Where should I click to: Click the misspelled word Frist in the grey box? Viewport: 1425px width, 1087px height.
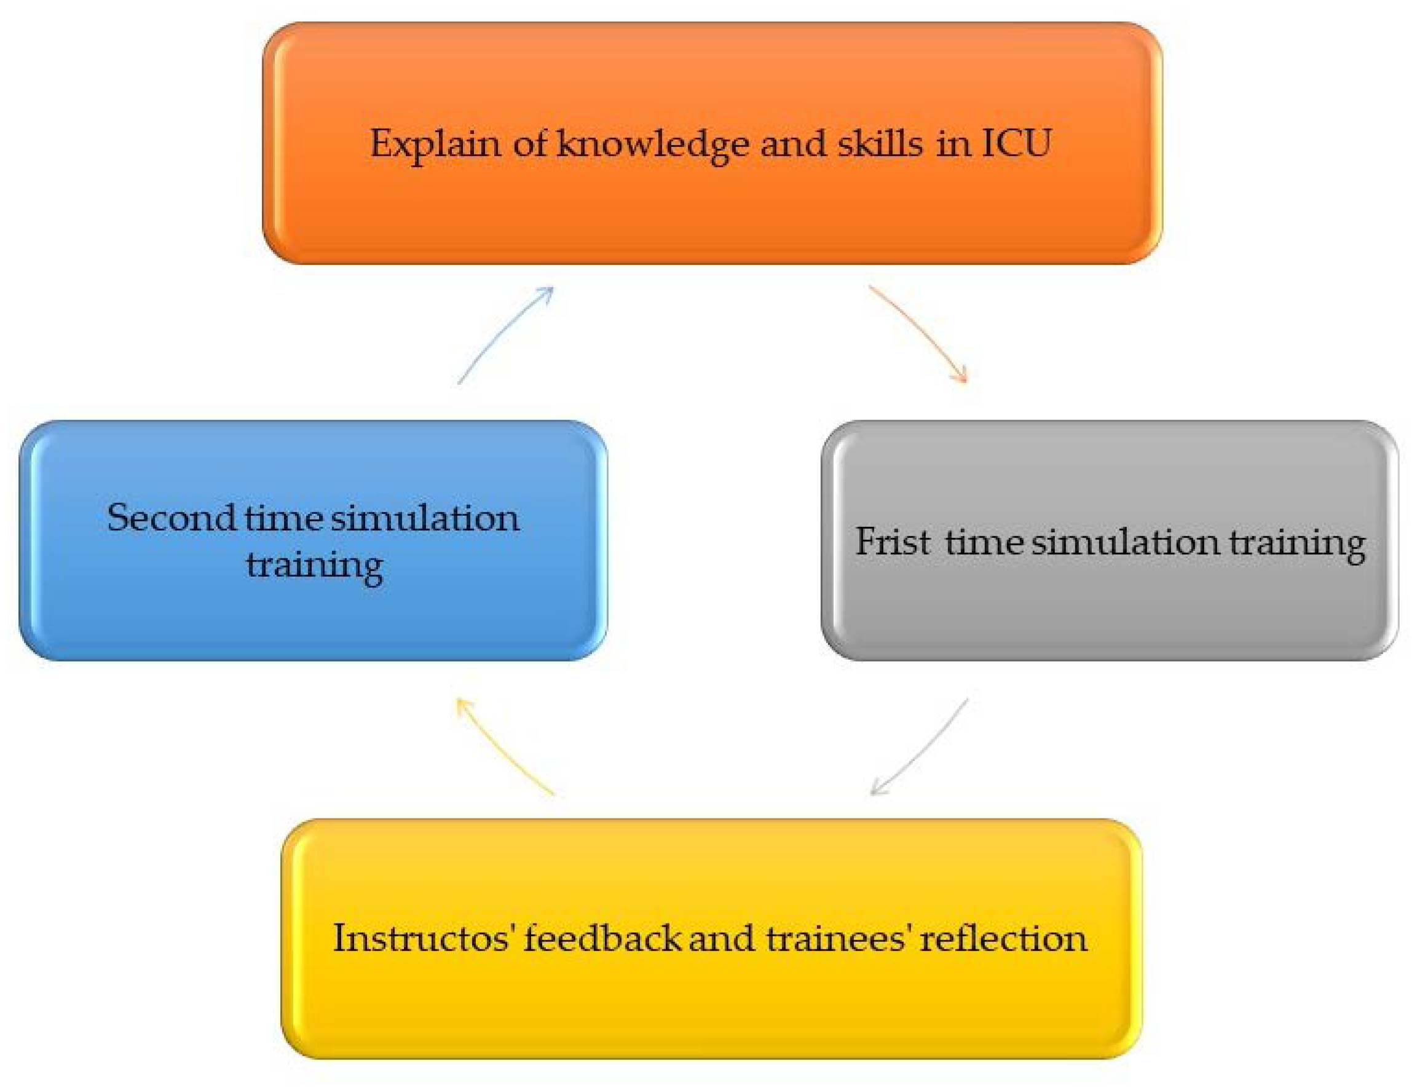click(893, 542)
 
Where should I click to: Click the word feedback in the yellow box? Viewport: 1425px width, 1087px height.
click(603, 938)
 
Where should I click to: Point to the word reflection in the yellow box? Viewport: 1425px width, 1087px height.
click(1003, 938)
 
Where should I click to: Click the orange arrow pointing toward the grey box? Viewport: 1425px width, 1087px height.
click(922, 333)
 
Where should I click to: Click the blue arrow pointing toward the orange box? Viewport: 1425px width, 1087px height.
click(505, 334)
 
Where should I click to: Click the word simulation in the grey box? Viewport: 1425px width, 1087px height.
click(1125, 542)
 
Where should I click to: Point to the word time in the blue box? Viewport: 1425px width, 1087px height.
click(283, 518)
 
